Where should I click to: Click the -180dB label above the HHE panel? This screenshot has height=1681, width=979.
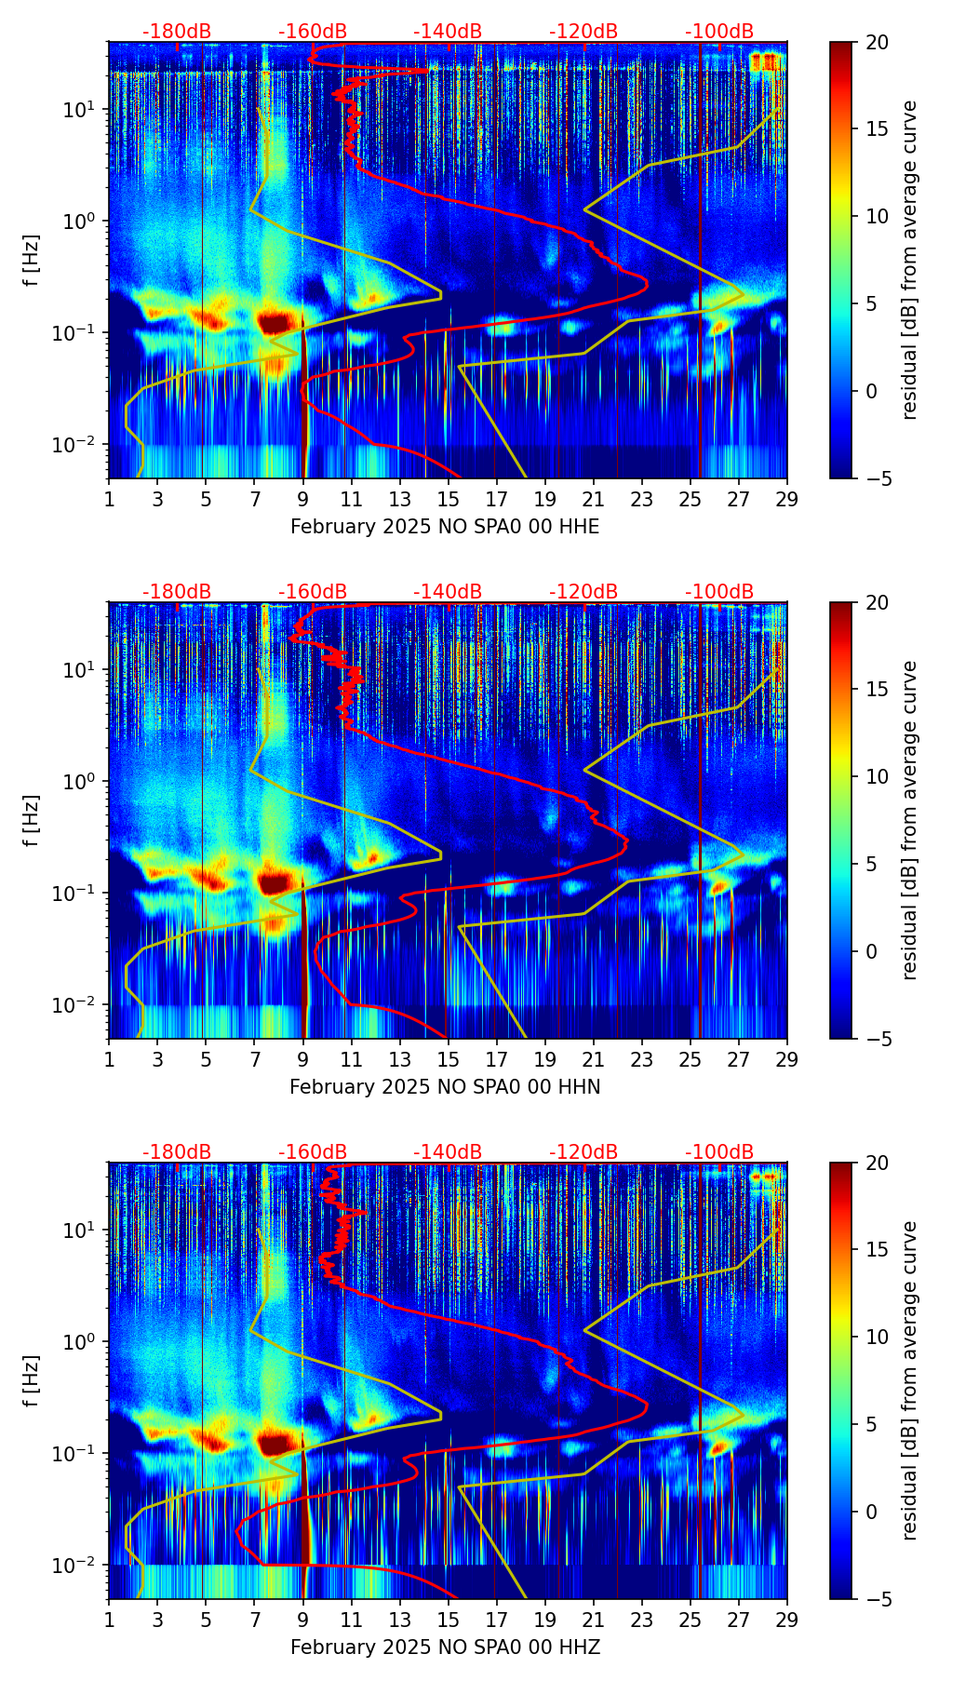(177, 32)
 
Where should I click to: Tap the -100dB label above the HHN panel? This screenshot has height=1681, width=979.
(719, 592)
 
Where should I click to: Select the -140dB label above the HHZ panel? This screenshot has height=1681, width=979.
(448, 1152)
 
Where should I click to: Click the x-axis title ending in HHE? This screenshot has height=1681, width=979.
(445, 527)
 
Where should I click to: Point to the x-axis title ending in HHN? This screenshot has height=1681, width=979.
(445, 1087)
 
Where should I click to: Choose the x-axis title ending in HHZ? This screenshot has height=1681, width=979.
(445, 1647)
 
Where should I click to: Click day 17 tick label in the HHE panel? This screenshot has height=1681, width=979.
(497, 499)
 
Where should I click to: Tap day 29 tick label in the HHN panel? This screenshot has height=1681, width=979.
(787, 1059)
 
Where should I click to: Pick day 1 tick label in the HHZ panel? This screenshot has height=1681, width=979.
(110, 1620)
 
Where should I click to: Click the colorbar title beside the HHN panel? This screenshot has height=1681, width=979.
(909, 820)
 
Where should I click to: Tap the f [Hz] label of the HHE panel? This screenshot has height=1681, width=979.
(31, 260)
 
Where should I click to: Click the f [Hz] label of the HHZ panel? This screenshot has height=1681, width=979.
(31, 1380)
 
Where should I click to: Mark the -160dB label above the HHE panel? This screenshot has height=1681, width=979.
(313, 32)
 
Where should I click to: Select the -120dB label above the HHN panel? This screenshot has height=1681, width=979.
(583, 592)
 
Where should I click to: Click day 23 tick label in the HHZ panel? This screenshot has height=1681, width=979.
(642, 1620)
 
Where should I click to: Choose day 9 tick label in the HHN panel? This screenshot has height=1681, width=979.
(303, 1059)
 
